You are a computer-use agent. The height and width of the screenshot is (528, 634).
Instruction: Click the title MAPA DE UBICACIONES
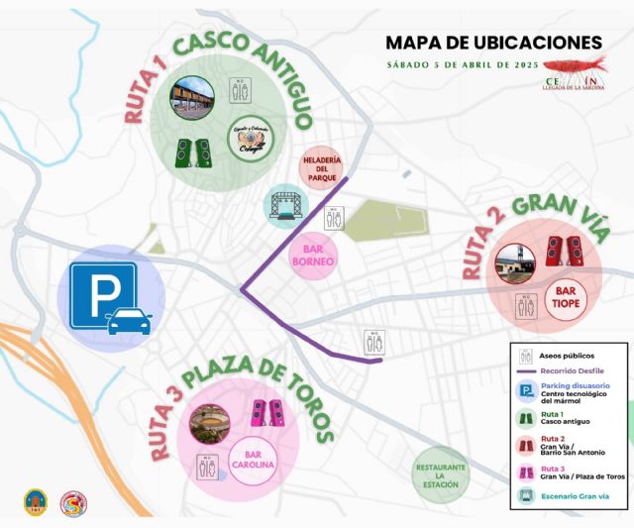[492, 43]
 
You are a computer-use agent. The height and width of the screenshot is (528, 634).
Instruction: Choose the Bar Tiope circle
[567, 297]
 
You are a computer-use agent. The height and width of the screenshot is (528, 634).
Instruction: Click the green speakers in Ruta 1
[193, 153]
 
